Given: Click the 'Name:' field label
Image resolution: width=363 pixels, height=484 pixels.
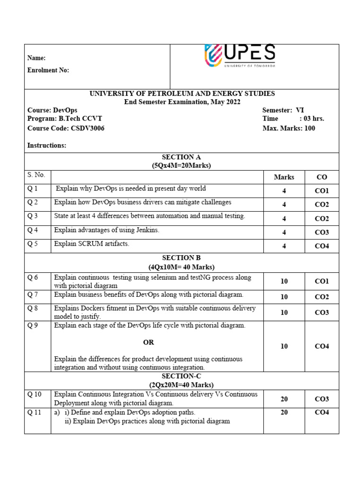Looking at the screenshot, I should (36, 58).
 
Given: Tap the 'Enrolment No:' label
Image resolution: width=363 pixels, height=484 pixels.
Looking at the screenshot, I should (48, 70).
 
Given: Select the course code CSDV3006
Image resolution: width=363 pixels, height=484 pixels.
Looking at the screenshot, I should (87, 128).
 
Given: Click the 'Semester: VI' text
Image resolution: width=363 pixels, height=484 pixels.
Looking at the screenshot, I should (283, 110).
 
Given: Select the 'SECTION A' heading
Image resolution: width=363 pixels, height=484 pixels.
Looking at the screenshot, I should (181, 157).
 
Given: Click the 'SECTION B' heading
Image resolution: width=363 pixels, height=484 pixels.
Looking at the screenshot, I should (181, 258).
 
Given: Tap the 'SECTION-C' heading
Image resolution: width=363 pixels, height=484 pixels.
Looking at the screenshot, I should (181, 376).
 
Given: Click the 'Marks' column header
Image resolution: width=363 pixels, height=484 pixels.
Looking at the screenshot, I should (284, 177).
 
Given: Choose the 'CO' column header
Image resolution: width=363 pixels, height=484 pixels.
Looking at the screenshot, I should (321, 177).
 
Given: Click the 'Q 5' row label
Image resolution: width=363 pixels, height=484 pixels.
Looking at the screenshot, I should (33, 244).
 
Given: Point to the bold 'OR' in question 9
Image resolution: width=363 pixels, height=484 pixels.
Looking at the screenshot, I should (148, 342).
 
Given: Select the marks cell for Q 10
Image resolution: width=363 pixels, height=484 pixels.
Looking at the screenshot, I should (284, 399).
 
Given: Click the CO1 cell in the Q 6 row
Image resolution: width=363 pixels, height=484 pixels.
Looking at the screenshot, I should (321, 281).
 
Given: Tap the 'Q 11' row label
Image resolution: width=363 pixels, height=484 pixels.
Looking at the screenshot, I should (35, 413).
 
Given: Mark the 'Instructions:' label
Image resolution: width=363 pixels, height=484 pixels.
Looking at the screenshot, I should (47, 146).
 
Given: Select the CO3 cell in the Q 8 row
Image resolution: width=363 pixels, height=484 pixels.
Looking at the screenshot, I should (321, 312).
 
